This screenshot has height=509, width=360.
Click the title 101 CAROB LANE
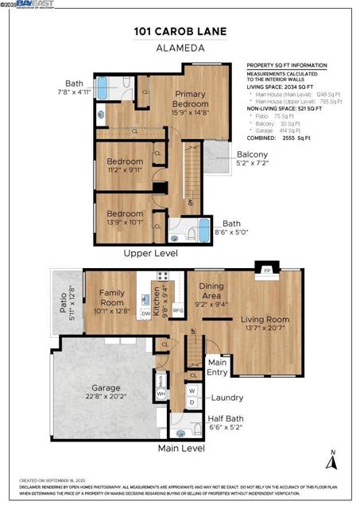(x=180, y=32)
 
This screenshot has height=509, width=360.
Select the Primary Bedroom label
(x=191, y=99)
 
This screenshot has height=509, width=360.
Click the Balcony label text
(x=252, y=154)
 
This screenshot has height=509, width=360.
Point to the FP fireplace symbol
(x=267, y=271)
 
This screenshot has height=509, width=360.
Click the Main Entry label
(x=218, y=367)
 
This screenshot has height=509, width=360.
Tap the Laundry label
(x=227, y=398)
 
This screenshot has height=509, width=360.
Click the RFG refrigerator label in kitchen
(x=178, y=310)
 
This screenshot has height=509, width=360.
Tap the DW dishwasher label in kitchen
(x=145, y=314)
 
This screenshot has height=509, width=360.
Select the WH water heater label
(x=161, y=393)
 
